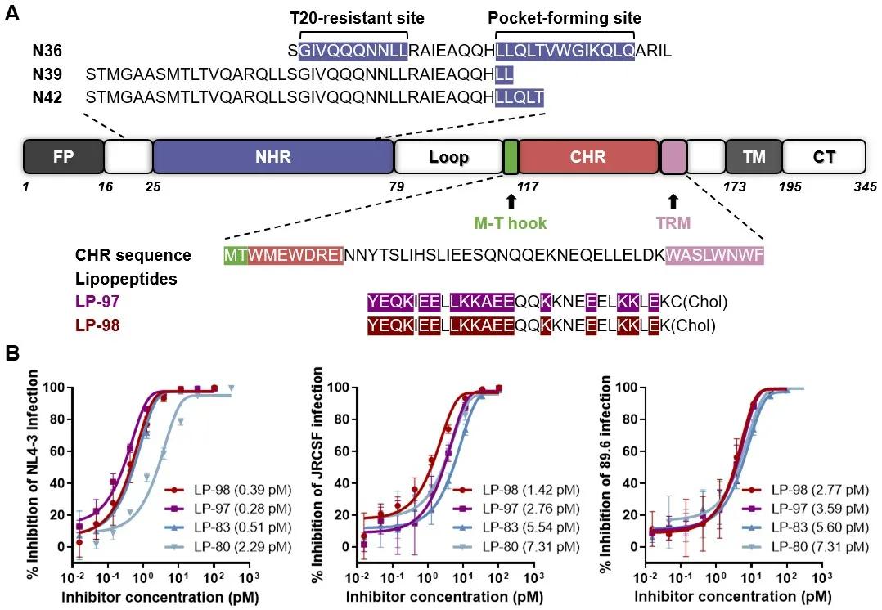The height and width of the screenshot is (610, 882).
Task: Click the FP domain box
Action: (x=63, y=155)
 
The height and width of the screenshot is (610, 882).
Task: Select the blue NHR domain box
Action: (x=273, y=155)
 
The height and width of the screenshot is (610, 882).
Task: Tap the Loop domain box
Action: (x=448, y=155)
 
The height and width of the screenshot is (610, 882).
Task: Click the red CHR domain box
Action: (x=588, y=155)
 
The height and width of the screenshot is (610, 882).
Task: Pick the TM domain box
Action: (x=754, y=155)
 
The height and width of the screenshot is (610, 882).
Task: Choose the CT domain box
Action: (x=824, y=155)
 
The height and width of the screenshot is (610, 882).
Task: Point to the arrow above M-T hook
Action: (x=511, y=201)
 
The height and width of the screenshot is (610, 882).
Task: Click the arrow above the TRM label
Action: (x=673, y=201)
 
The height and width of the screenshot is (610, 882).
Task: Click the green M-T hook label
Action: (x=511, y=222)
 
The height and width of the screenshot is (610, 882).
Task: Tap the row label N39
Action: (x=47, y=74)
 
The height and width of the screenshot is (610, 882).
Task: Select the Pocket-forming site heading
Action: (x=565, y=17)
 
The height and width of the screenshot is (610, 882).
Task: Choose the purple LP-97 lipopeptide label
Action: (x=97, y=303)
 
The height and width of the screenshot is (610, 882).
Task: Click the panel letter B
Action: (x=13, y=355)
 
